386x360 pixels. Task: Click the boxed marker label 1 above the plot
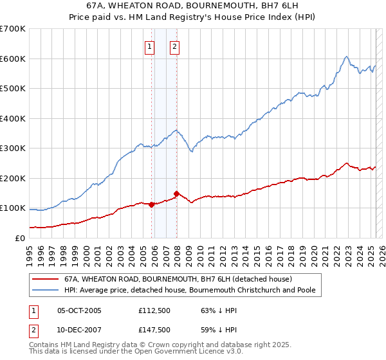[x=149, y=46]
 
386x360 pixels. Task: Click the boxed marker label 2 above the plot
[x=174, y=46]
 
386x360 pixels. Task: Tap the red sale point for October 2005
[x=152, y=204]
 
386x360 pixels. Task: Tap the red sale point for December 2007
[x=176, y=194]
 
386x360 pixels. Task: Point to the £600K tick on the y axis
[x=13, y=59]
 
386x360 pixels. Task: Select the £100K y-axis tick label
[x=13, y=208]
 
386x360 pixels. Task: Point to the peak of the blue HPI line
[x=346, y=57]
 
